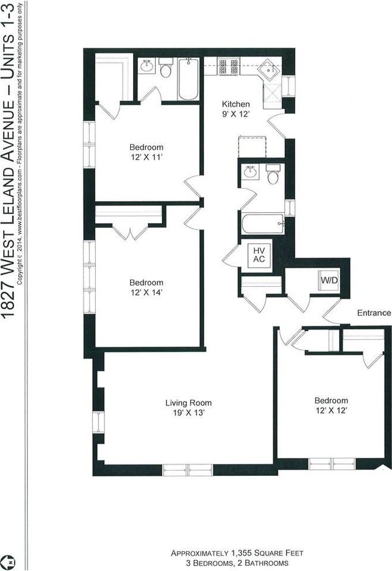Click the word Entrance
(374, 313)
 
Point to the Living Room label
(188, 403)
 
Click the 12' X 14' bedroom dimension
(146, 292)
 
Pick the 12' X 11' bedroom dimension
(146, 157)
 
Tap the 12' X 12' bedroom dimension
(331, 410)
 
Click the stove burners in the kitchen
(228, 65)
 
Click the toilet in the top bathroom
(165, 70)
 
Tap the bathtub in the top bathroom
(189, 79)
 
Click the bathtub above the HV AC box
(262, 224)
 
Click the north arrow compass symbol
(9, 561)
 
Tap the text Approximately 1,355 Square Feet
(237, 553)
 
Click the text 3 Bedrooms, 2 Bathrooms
(237, 562)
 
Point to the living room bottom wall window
(187, 469)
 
